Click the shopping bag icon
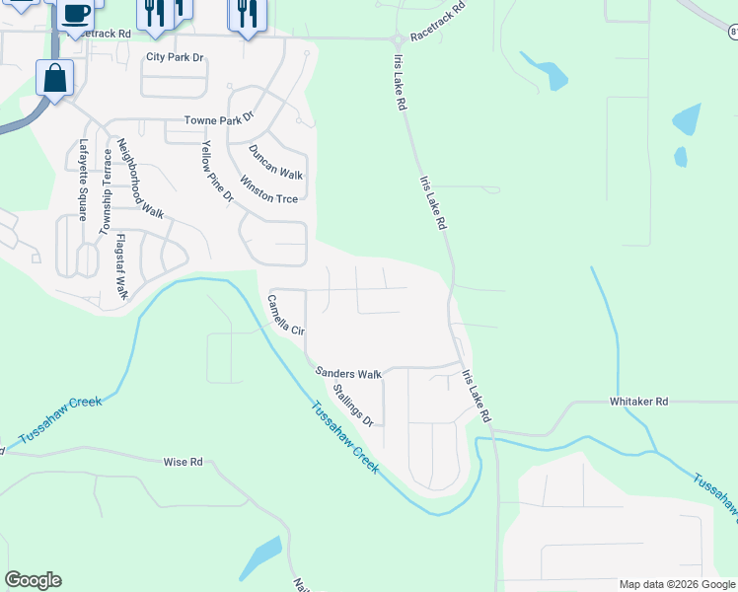click(x=56, y=78)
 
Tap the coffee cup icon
click(x=76, y=14)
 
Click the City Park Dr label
click(x=175, y=57)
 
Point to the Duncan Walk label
click(x=275, y=161)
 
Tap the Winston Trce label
click(x=268, y=190)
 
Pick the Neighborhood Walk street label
click(x=139, y=178)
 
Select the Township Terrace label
click(x=104, y=191)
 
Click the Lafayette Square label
click(x=83, y=180)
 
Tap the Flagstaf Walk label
click(x=121, y=266)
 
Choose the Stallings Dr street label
click(x=352, y=405)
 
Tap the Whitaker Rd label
click(x=638, y=402)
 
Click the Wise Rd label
click(x=183, y=461)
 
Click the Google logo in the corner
click(x=33, y=580)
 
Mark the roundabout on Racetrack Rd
click(x=397, y=39)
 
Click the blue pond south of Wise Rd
click(x=261, y=559)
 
